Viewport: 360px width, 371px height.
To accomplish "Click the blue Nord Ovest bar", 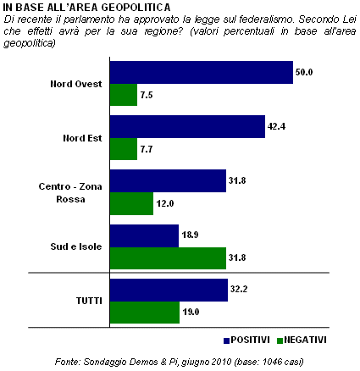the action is click(x=202, y=73).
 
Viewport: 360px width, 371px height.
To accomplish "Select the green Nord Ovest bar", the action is click(x=124, y=95).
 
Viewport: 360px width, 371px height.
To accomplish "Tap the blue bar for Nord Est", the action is click(x=187, y=127).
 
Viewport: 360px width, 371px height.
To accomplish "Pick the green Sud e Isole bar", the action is click(x=168, y=258).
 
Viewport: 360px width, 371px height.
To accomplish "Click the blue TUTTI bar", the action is click(x=169, y=291).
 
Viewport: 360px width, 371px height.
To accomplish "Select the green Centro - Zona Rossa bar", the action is click(x=131, y=204).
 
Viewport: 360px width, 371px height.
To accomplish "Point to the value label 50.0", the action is click(x=304, y=72).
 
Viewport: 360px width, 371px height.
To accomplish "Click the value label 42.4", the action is click(x=276, y=126).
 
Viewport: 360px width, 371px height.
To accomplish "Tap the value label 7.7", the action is click(x=147, y=149).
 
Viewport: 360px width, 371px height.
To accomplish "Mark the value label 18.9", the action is click(x=190, y=235).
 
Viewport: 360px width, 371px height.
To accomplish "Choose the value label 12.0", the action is click(x=165, y=203).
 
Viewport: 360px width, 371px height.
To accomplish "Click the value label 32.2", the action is click(x=239, y=289).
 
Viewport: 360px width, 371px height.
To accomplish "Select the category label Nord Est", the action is click(x=82, y=138).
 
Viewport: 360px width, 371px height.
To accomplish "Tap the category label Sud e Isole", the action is click(x=76, y=246).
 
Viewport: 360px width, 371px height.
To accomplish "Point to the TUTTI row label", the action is click(x=89, y=301).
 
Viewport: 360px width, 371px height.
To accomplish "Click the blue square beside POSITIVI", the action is click(x=226, y=341).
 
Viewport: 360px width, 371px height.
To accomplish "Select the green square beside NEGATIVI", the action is click(x=280, y=341).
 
